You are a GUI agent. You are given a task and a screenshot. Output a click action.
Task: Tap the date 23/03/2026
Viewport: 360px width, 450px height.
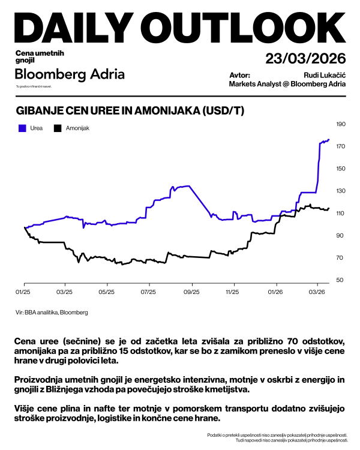point(305,59)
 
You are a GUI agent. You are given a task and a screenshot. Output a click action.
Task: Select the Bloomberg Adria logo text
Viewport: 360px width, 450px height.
point(70,74)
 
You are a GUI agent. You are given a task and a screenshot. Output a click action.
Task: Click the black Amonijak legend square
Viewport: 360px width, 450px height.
point(58,128)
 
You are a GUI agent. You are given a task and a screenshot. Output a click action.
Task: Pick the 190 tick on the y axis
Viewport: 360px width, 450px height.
point(341,124)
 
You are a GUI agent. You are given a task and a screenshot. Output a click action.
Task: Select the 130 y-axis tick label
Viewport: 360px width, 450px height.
point(341,191)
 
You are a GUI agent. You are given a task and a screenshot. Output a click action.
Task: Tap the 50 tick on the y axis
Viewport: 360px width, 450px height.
point(339,280)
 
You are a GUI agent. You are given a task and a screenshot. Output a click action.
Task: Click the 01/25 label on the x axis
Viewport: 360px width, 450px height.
point(23,292)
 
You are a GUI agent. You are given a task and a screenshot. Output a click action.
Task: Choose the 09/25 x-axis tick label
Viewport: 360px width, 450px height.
point(191,292)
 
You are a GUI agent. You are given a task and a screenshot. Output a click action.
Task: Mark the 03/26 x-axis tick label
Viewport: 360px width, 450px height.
point(317,292)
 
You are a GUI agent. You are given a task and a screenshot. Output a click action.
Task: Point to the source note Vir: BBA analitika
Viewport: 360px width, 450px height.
point(52,313)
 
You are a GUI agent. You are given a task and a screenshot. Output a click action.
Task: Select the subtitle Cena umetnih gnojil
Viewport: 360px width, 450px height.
point(40,57)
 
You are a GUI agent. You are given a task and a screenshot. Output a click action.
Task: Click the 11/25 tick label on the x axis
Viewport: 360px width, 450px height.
point(232,292)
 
